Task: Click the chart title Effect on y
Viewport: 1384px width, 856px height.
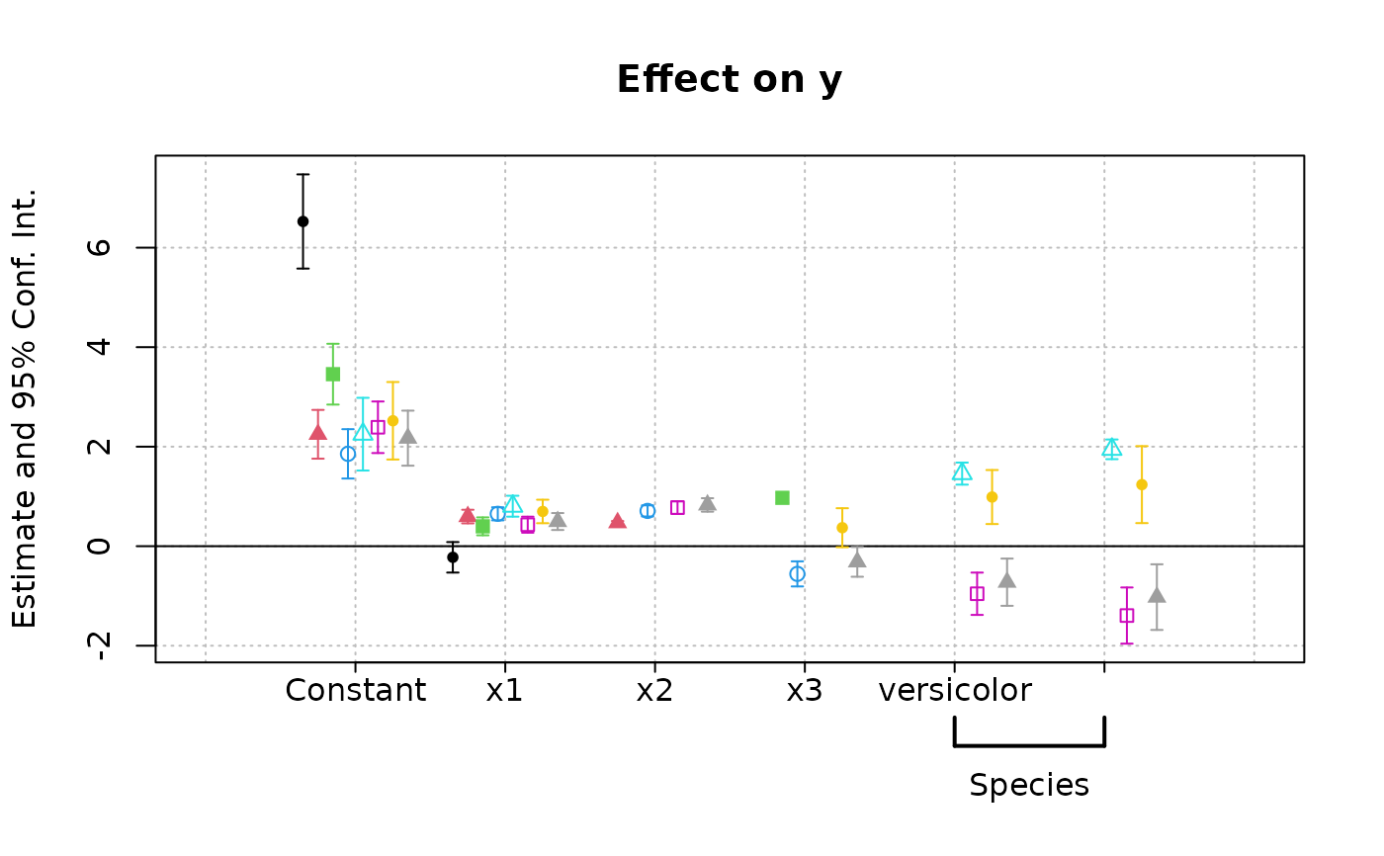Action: (729, 80)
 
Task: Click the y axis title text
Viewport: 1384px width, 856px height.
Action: (26, 407)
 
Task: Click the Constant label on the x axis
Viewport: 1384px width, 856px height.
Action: (355, 690)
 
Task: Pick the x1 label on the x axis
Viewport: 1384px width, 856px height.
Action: (504, 690)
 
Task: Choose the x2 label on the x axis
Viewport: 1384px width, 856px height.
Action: (654, 690)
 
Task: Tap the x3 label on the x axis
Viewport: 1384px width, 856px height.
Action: (804, 690)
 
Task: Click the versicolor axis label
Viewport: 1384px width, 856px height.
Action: (955, 690)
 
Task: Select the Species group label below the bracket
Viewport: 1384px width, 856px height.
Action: (1029, 786)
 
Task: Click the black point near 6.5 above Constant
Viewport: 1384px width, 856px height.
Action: (303, 221)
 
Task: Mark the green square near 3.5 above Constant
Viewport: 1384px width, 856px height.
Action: (333, 374)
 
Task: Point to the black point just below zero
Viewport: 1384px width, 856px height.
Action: (453, 556)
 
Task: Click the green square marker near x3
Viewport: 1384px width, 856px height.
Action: (782, 497)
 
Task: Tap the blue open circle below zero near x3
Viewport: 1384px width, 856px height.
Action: (797, 573)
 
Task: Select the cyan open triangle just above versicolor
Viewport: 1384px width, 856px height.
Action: (962, 471)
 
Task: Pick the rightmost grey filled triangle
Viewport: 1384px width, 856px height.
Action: (1157, 595)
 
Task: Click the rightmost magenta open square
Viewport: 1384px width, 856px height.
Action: (1126, 615)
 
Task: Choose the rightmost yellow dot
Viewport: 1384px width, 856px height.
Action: (1142, 484)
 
